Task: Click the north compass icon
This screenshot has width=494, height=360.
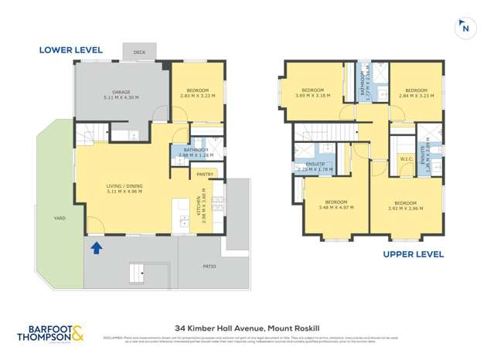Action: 465,27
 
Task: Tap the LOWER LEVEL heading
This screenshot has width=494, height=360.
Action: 70,50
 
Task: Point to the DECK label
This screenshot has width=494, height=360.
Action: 139,53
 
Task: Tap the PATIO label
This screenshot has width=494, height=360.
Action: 210,267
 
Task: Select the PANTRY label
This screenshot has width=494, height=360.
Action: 205,175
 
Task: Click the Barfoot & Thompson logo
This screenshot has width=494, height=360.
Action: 52,333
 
